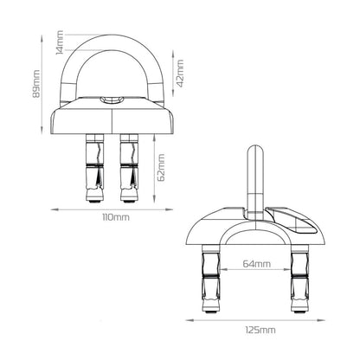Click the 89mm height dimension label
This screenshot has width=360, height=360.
point(36,84)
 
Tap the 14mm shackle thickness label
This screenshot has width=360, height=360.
point(60,42)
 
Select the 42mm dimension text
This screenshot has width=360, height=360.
point(180,74)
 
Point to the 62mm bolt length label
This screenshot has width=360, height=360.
point(162,167)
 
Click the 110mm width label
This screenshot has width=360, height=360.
point(116,217)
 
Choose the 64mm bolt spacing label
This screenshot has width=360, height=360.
point(257,264)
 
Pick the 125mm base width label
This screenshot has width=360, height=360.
point(260,330)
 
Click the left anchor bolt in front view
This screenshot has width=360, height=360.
point(94,168)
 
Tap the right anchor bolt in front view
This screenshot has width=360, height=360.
point(129,168)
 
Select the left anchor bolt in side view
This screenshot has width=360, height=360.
point(211,279)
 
